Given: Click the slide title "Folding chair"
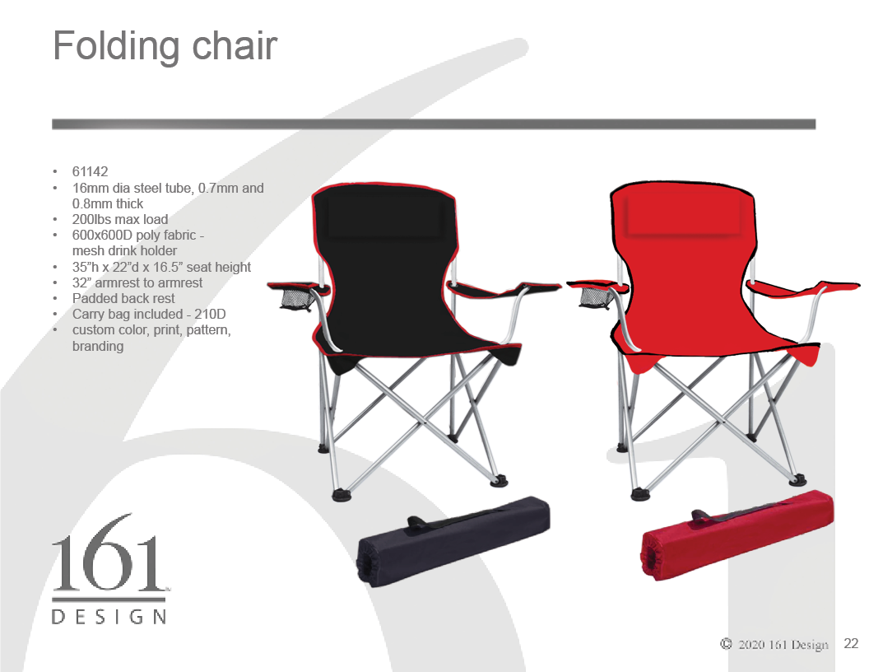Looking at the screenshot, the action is tap(165, 47).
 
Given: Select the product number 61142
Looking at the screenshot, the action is tap(90, 172).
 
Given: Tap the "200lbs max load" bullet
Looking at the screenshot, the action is tap(119, 220).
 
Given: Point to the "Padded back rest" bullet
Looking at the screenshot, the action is tap(123, 298).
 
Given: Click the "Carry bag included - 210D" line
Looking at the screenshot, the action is tap(148, 315).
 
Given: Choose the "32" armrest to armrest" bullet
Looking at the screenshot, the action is tap(137, 282).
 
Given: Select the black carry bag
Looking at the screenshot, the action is tap(453, 540).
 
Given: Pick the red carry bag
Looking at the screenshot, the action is tap(737, 535).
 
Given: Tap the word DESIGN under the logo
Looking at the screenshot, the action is tap(109, 617).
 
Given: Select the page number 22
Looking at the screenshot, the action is tap(851, 644).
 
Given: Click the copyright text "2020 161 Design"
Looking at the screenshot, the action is tap(783, 644).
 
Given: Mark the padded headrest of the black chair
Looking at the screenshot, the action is tap(385, 217).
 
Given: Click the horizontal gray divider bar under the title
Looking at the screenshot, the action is tap(434, 124).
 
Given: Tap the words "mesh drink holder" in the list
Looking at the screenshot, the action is tap(124, 251).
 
